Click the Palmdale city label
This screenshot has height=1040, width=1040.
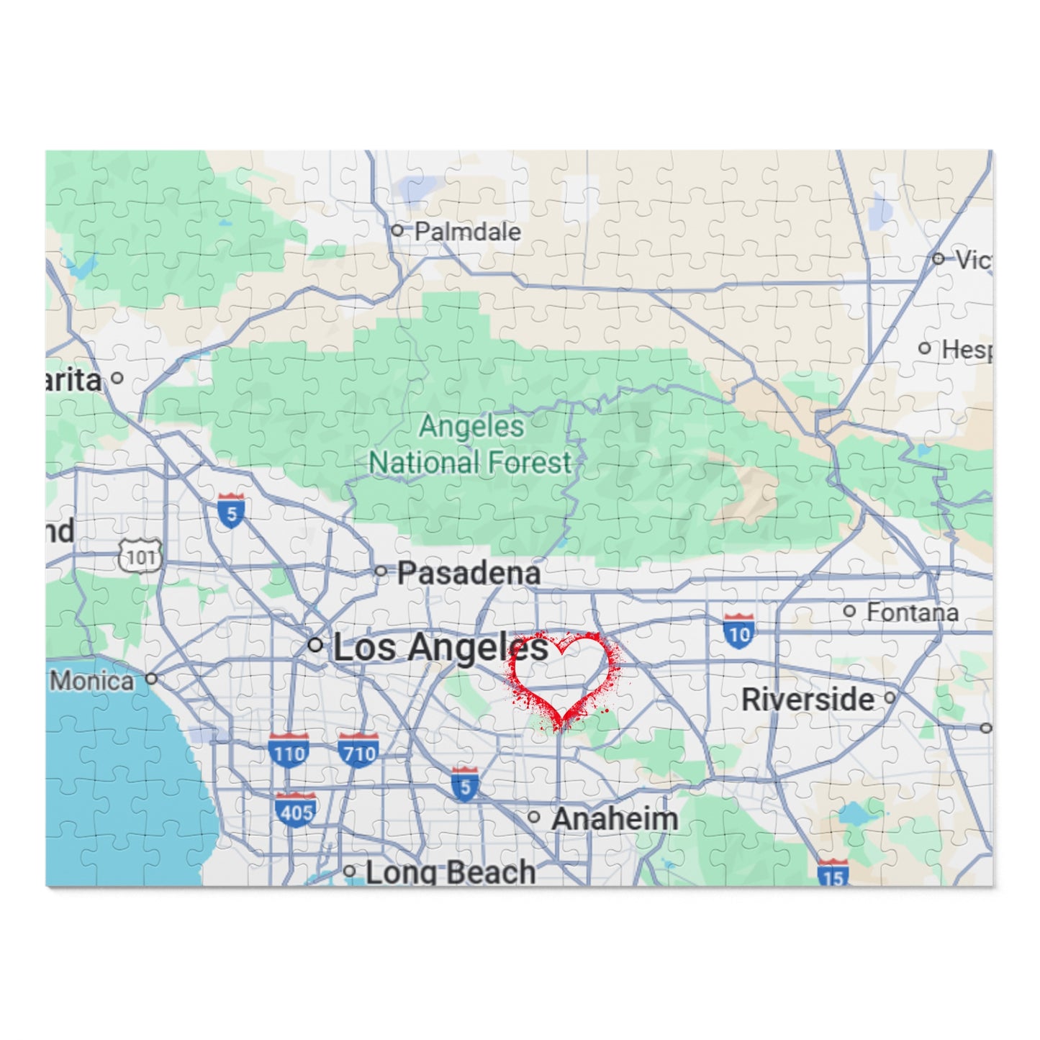(467, 232)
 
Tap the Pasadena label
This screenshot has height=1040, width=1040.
(469, 573)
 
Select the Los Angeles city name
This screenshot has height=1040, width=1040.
(440, 648)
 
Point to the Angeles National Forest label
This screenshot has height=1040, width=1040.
(471, 445)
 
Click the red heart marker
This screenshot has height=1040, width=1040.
(564, 677)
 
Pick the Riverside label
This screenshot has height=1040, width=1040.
(808, 700)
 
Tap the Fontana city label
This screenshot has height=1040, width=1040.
(912, 612)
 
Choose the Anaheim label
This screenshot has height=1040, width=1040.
(615, 818)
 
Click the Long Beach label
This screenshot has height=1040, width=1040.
(451, 872)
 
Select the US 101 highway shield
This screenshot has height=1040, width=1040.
(140, 556)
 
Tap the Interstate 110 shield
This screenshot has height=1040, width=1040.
(289, 751)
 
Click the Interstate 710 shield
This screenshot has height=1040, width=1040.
(358, 751)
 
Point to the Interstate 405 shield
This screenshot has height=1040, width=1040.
(296, 810)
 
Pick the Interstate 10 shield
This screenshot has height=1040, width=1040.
(739, 631)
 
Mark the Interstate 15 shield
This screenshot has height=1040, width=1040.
(833, 874)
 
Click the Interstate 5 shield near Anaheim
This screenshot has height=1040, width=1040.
(465, 784)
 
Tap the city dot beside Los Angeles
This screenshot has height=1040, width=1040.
(315, 645)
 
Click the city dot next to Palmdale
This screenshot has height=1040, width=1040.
(397, 230)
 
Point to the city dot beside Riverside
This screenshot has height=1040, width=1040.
(890, 697)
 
